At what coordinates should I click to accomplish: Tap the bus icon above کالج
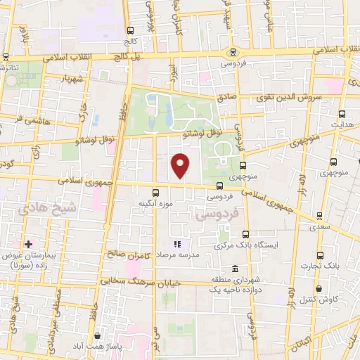click(131, 30)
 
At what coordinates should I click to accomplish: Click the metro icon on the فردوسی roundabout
click(233, 52)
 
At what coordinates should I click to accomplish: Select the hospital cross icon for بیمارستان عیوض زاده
click(28, 244)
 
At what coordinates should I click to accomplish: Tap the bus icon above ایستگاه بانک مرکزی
click(245, 234)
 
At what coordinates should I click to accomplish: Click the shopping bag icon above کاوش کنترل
click(319, 288)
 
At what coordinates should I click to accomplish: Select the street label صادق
click(225, 99)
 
